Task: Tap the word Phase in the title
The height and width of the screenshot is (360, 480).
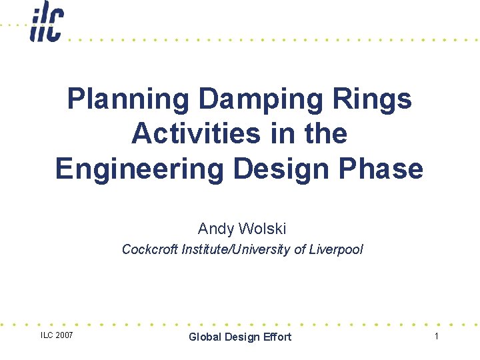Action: tap(382, 169)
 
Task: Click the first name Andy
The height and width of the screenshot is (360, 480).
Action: tap(213, 229)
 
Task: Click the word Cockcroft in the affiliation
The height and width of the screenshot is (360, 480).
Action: tap(149, 250)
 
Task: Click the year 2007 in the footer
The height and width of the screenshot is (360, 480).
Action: tap(63, 335)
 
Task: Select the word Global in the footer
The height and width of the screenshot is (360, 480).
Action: tap(205, 337)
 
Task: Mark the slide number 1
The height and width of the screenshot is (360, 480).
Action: tap(437, 336)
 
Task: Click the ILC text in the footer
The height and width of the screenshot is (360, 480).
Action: tap(46, 335)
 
